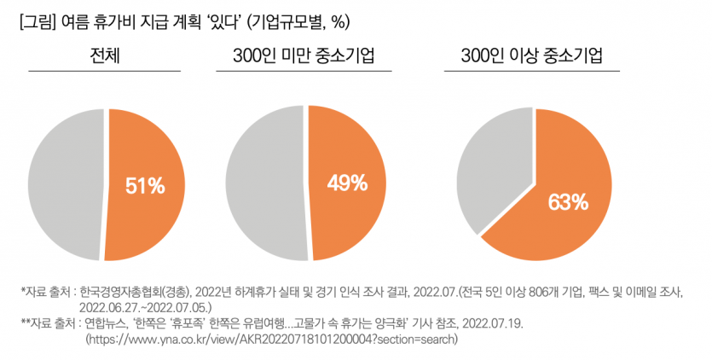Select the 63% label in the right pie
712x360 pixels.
point(568,201)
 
